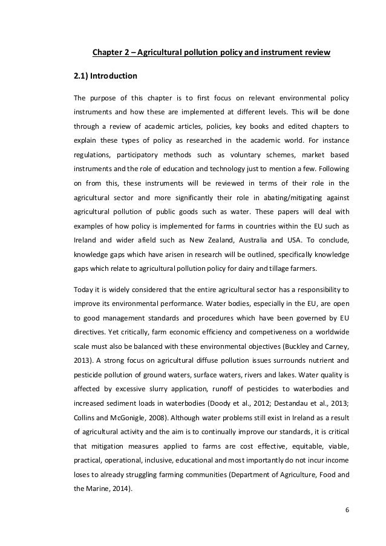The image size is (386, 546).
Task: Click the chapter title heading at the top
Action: [x=211, y=53]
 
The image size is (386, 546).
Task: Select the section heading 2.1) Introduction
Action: [x=105, y=77]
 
